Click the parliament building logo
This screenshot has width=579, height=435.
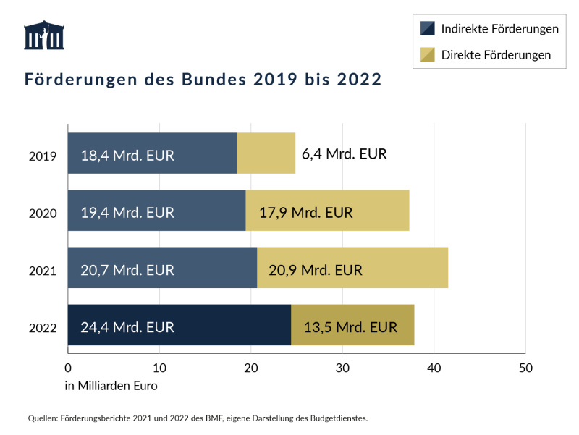[44, 35]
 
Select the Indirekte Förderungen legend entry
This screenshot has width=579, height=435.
[490, 29]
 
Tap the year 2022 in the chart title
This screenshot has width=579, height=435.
[359, 80]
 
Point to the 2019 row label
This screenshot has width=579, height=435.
[43, 156]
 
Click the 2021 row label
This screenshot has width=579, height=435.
[43, 271]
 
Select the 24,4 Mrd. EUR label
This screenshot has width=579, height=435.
[127, 327]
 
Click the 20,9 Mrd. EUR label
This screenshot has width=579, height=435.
[316, 270]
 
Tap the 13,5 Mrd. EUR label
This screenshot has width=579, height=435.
[350, 327]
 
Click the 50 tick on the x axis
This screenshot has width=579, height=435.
[525, 368]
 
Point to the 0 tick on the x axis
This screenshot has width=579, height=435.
[68, 368]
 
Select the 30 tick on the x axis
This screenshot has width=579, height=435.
[342, 368]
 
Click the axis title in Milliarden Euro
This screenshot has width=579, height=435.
[111, 386]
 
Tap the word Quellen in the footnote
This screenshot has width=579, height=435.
[43, 418]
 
